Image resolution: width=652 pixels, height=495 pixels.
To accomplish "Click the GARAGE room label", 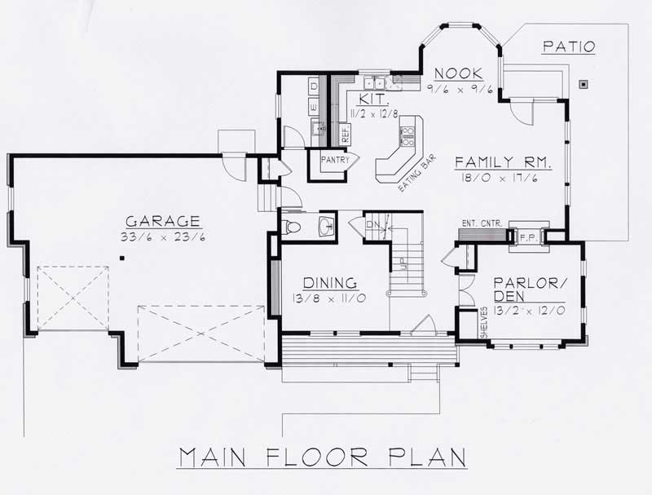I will [x=162, y=221].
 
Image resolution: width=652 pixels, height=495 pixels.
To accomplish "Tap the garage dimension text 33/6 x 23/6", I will [x=162, y=237].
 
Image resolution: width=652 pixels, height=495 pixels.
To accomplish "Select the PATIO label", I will [x=568, y=46].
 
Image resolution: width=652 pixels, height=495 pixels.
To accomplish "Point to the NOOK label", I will [x=459, y=73].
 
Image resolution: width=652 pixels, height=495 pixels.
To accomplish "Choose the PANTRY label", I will [x=334, y=160].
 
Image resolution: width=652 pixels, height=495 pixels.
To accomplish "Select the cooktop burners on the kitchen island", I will [x=407, y=135].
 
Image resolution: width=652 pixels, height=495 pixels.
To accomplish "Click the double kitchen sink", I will [x=375, y=82].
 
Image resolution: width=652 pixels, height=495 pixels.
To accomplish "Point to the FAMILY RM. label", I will [x=503, y=161].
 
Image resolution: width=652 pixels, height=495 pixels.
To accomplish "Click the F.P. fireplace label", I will [x=526, y=237].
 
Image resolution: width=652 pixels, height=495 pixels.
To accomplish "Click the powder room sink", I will [x=327, y=226].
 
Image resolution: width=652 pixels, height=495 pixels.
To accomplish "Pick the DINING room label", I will [x=325, y=282].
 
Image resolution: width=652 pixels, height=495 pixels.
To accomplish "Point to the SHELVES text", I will [x=484, y=321].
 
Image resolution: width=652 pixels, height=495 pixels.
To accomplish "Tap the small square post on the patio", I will [x=584, y=84].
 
